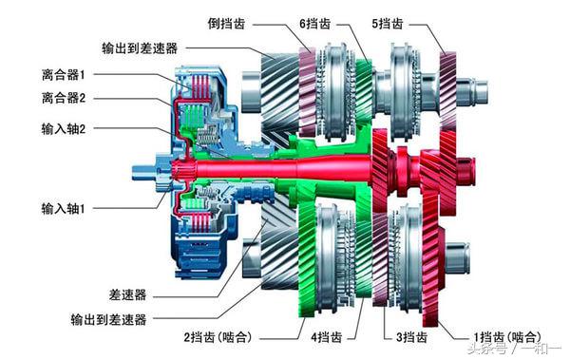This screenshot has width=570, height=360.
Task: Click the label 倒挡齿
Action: click(230, 22)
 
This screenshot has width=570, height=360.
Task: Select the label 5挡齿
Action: click(390, 22)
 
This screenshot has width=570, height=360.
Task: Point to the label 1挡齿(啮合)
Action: click(507, 337)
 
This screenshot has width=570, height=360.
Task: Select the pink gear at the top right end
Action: click(447, 85)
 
